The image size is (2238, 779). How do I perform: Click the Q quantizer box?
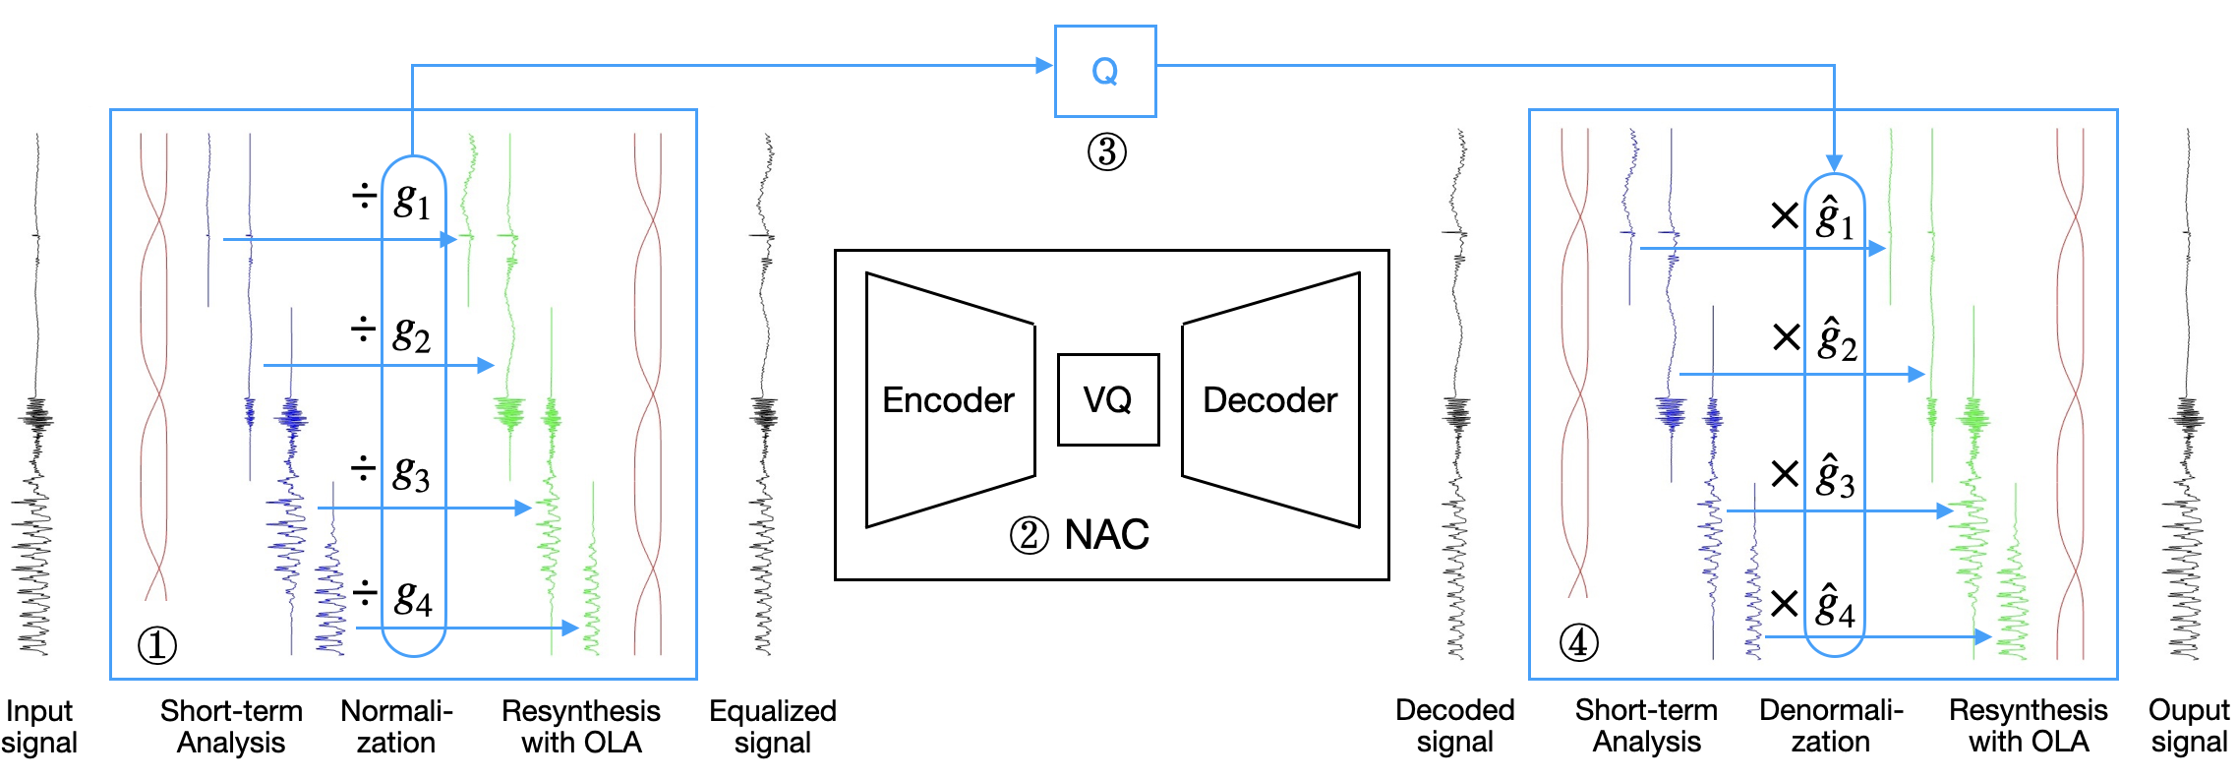pyautogui.click(x=1105, y=71)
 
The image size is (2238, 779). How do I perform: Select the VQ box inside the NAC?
pyautogui.click(x=1108, y=399)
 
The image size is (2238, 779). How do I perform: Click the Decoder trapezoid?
pyautogui.click(x=1270, y=399)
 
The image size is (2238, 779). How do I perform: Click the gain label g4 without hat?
pyautogui.click(x=413, y=597)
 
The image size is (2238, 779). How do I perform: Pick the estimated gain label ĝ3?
pyautogui.click(x=1835, y=476)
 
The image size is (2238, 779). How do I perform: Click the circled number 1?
pyautogui.click(x=157, y=645)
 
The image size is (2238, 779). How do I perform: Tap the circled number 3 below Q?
pyautogui.click(x=1106, y=152)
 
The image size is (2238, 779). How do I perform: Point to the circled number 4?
pyautogui.click(x=1578, y=643)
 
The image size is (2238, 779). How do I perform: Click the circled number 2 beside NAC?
pyautogui.click(x=1029, y=536)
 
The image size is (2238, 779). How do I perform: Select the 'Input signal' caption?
pyautogui.click(x=39, y=726)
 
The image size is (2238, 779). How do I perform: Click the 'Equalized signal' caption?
pyautogui.click(x=773, y=726)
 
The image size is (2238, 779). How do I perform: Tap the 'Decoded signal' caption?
pyautogui.click(x=1454, y=726)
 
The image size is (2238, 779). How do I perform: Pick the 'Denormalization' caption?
pyautogui.click(x=1831, y=726)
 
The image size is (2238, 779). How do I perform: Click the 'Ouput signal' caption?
pyautogui.click(x=2189, y=726)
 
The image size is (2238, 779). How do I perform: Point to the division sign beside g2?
pyautogui.click(x=364, y=330)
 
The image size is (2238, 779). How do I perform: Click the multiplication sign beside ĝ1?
pyautogui.click(x=1784, y=215)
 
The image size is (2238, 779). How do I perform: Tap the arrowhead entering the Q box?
pyautogui.click(x=1044, y=66)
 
